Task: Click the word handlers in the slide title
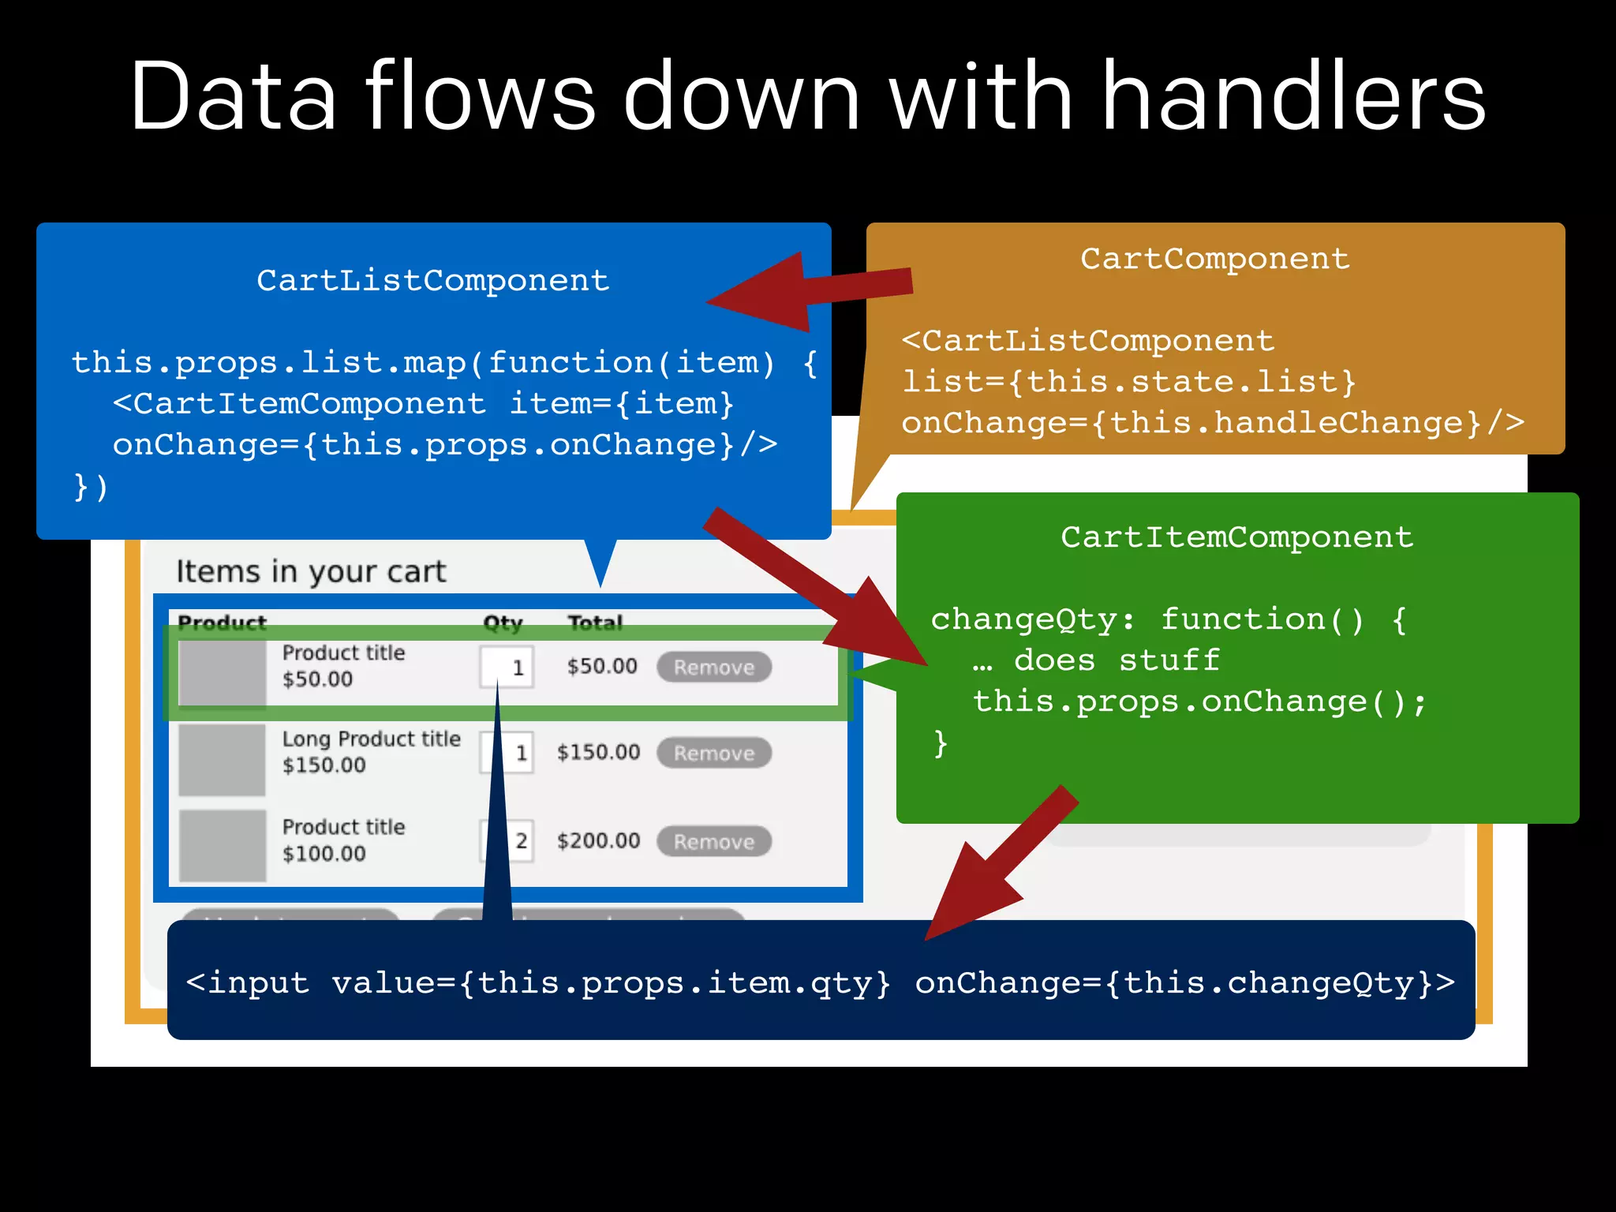tap(1293, 97)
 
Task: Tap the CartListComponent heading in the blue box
tap(433, 281)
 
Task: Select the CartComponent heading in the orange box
tap(1214, 259)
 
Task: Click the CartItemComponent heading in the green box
tap(1236, 537)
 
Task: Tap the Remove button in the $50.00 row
tap(713, 668)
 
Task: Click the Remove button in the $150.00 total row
tap(713, 754)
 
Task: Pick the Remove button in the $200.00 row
tap(713, 842)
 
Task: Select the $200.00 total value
tap(598, 841)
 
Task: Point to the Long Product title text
tap(371, 739)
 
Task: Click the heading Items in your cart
tap(311, 571)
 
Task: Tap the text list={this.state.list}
tap(1128, 383)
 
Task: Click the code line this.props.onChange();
tap(1199, 701)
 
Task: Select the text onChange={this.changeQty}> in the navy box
tap(1184, 983)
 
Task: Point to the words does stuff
tap(1117, 660)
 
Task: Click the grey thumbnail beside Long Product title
tap(222, 760)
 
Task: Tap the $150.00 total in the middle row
tap(598, 753)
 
